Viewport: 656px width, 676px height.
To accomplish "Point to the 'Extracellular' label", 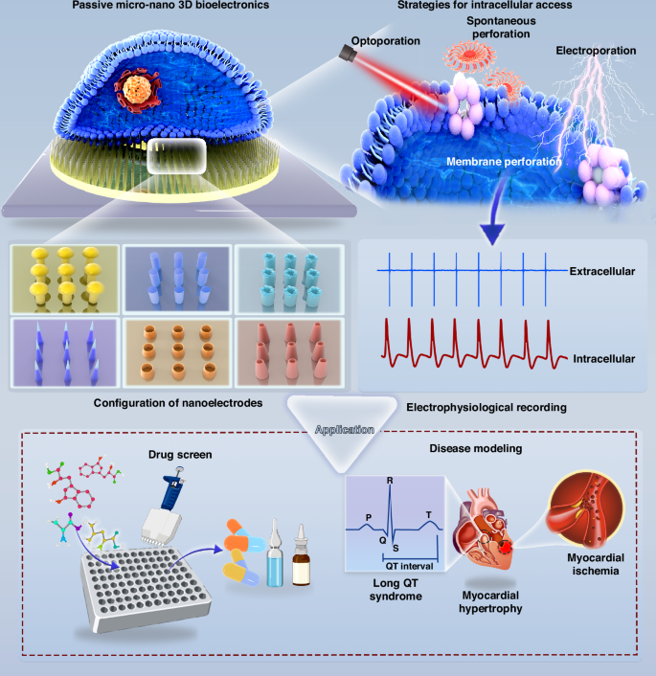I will coord(602,273).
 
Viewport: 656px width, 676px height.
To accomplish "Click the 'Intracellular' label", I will coord(603,358).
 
